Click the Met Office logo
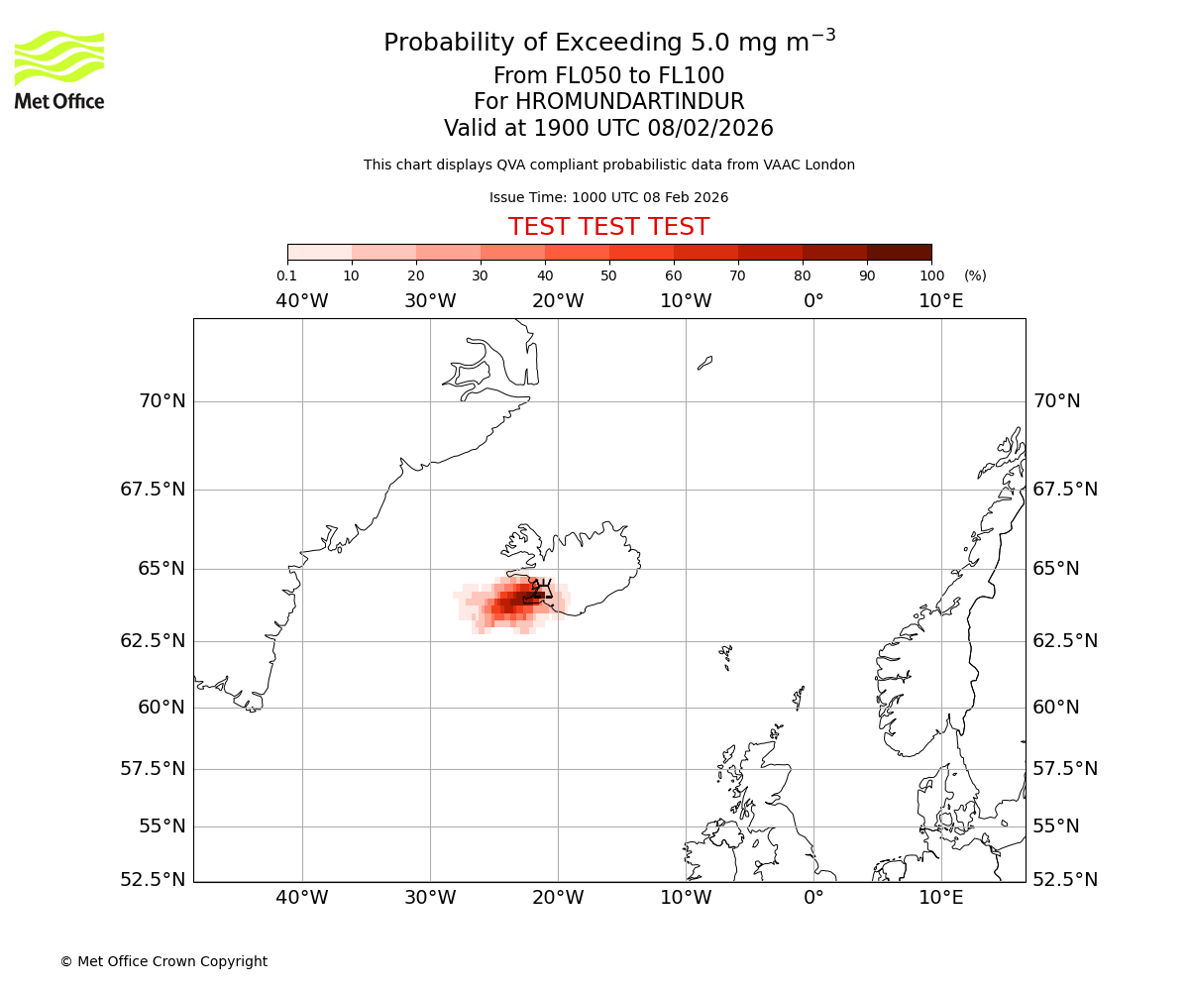point(59,69)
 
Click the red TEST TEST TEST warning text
point(608,227)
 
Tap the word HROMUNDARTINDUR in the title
point(629,102)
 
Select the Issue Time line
point(608,197)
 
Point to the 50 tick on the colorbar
point(609,275)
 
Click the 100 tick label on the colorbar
point(931,275)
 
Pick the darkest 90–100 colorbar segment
point(899,252)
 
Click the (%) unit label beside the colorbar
point(975,275)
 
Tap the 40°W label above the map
point(301,301)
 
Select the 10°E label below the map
point(940,898)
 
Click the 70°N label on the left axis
point(162,401)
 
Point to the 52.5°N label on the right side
point(1065,880)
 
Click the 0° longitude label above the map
point(813,301)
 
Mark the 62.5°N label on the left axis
point(153,641)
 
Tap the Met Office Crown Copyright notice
point(163,961)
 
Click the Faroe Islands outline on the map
point(726,654)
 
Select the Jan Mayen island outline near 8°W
point(704,363)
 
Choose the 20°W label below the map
point(558,898)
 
